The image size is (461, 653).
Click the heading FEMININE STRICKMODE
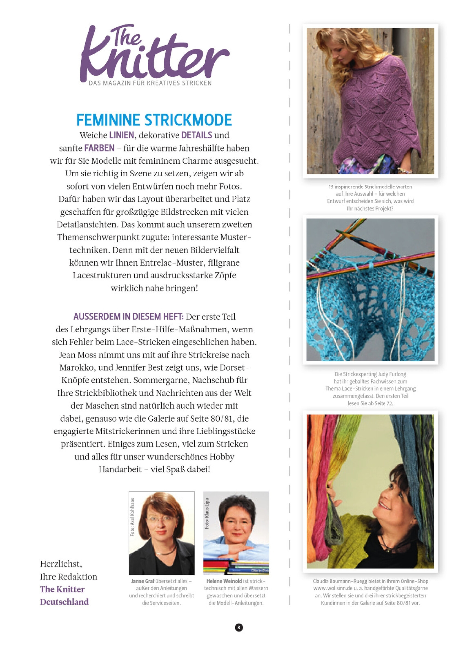point(154,120)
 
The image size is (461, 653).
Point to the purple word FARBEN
point(99,148)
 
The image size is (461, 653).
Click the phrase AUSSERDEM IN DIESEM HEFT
point(128,317)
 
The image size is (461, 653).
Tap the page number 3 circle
point(239,627)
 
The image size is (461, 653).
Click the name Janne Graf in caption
point(143,581)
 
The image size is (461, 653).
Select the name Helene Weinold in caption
point(224,581)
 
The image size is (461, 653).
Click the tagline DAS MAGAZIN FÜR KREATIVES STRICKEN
point(150,83)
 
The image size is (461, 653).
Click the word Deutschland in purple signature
point(64,602)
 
